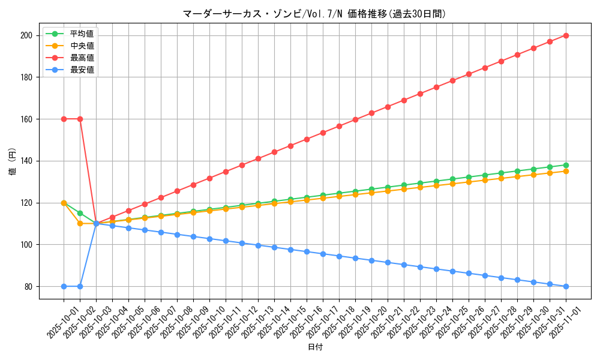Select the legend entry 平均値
click(x=82, y=34)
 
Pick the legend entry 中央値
click(x=82, y=46)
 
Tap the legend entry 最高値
click(x=82, y=58)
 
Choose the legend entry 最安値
click(x=82, y=70)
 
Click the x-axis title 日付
click(x=314, y=347)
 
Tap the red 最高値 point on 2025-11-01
click(x=566, y=35)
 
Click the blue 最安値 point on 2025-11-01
click(x=566, y=286)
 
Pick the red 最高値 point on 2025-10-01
click(x=64, y=119)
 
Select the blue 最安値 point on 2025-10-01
click(x=64, y=286)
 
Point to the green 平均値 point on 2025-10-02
click(x=80, y=213)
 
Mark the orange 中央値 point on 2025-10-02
click(x=80, y=223)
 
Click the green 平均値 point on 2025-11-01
click(x=566, y=165)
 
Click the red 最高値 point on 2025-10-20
click(x=371, y=113)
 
